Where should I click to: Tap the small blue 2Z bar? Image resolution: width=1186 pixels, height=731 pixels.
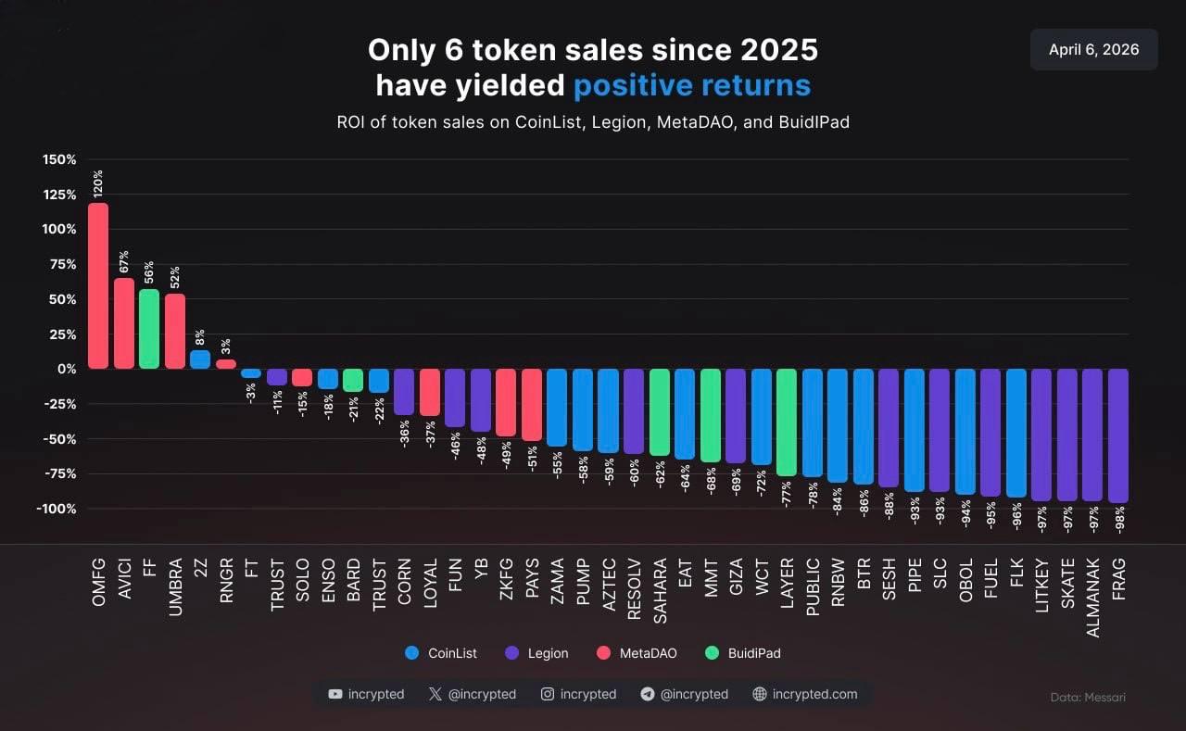point(200,359)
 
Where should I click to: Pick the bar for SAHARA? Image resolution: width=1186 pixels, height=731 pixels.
point(659,412)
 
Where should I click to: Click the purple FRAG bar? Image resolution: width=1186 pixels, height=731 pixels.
point(1118,435)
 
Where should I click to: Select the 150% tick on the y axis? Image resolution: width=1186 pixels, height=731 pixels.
point(59,159)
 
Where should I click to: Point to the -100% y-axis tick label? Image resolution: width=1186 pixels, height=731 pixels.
point(57,509)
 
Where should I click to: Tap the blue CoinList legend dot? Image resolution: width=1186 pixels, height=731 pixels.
point(412,653)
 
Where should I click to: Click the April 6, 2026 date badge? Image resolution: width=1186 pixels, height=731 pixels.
point(1093,50)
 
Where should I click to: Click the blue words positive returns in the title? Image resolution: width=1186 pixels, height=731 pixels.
point(692,85)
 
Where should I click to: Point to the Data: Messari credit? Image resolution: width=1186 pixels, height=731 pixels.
point(1089,697)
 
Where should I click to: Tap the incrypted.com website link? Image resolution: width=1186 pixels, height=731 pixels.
point(814,694)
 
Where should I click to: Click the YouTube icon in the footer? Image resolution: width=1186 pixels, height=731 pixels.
point(335,694)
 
